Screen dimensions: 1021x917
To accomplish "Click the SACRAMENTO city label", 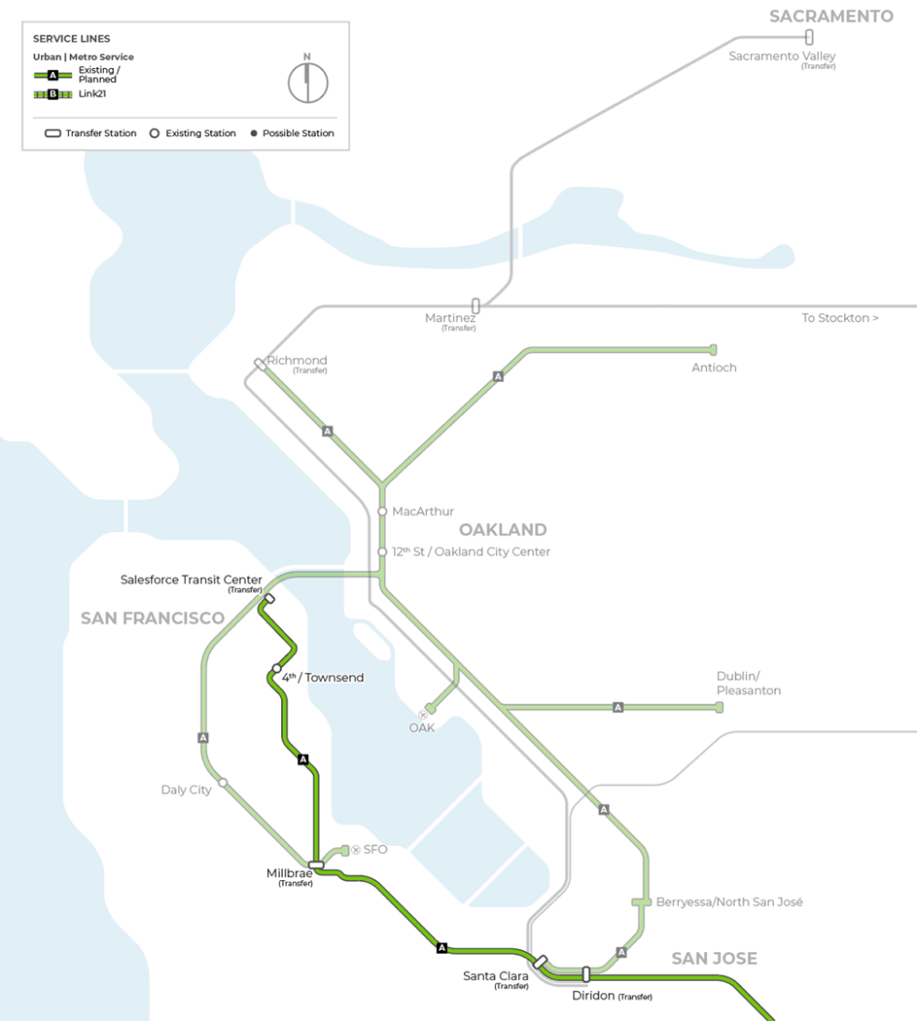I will tap(831, 16).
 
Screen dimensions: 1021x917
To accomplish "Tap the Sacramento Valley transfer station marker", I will tap(809, 37).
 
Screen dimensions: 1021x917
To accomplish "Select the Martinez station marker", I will tap(475, 305).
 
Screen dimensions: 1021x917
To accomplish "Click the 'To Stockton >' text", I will tap(839, 318).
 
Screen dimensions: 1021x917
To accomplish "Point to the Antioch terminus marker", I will tap(713, 349).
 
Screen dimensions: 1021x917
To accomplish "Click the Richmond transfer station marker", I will tap(261, 364).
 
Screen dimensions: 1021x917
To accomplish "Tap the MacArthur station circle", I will tap(382, 511).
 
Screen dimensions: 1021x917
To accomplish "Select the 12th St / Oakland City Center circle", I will tap(382, 552).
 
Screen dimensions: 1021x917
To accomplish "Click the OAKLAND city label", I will tap(502, 530).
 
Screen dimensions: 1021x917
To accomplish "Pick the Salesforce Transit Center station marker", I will tap(269, 598).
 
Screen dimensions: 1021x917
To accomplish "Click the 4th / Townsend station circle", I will tap(276, 668).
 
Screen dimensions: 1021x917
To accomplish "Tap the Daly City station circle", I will tap(223, 782).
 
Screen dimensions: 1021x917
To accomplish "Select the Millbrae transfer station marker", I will tap(316, 865).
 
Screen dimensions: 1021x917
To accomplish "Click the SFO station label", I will tap(374, 849).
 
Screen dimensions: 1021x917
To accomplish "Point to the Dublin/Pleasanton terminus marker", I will tap(718, 707).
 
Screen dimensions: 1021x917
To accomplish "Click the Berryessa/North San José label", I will tap(729, 902).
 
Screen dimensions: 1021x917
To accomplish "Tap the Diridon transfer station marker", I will tap(586, 973).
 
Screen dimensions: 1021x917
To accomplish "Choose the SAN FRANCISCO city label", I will tap(152, 618).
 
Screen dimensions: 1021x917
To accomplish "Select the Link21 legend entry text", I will tap(92, 94).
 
